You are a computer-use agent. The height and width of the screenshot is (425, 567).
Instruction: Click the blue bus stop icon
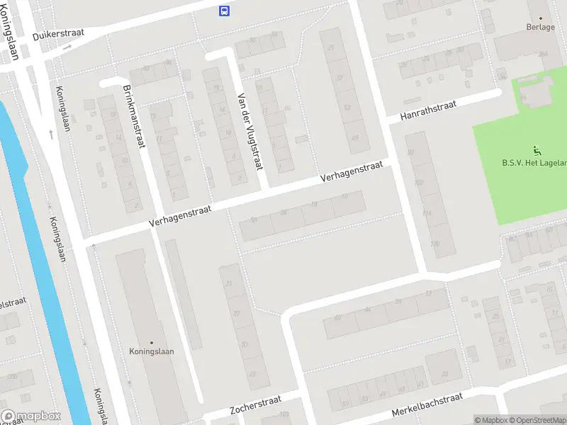click(x=224, y=10)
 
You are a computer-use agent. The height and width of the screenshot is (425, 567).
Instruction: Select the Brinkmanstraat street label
click(x=133, y=118)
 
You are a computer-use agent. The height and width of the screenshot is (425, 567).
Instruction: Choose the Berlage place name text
click(x=540, y=27)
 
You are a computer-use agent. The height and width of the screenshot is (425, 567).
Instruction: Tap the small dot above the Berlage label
click(x=540, y=18)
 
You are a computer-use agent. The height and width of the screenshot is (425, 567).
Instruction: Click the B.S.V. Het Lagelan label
click(x=534, y=163)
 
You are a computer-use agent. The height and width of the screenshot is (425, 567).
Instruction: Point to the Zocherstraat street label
click(x=256, y=409)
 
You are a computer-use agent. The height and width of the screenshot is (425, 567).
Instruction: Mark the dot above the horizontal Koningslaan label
click(x=151, y=342)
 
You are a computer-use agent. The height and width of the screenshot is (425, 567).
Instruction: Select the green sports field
click(x=521, y=184)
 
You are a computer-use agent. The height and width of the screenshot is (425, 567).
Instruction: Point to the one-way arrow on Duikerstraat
click(x=67, y=47)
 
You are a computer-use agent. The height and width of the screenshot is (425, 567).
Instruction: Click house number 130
click(x=434, y=244)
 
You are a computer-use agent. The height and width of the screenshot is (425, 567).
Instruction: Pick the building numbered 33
click(x=445, y=373)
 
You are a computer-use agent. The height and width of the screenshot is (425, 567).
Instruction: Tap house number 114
click(x=426, y=213)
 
